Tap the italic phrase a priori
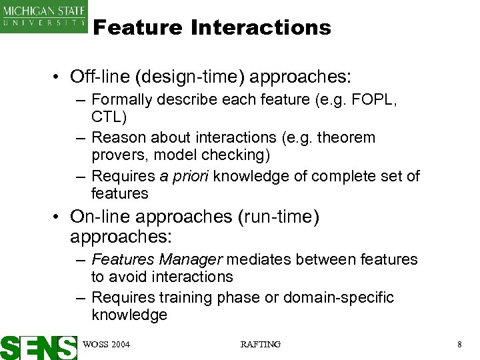pyautogui.click(x=189, y=176)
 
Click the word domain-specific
pyautogui.click(x=339, y=297)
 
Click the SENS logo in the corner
pyautogui.click(x=39, y=347)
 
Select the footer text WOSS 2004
pyautogui.click(x=105, y=344)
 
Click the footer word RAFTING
pyautogui.click(x=260, y=344)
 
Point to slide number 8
pyautogui.click(x=459, y=344)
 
